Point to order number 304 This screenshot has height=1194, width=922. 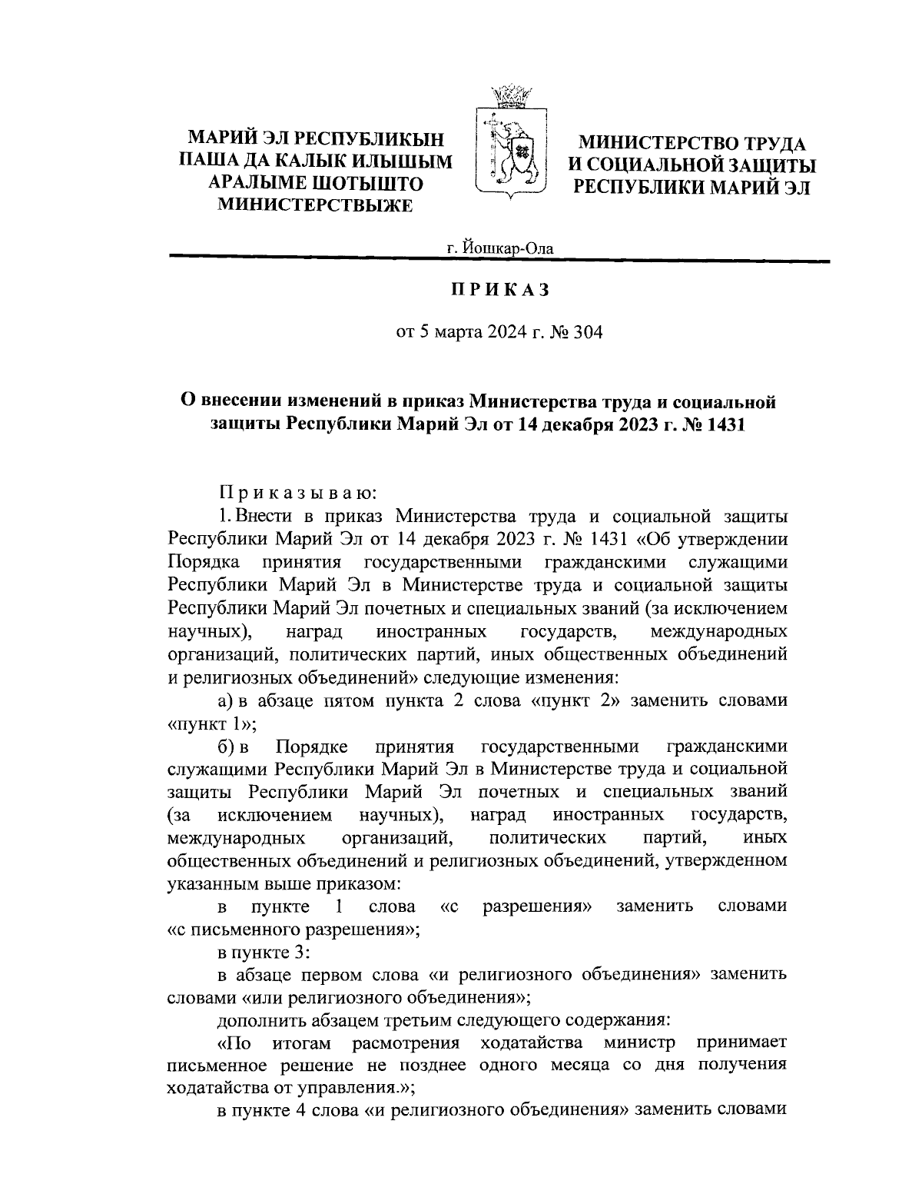click(x=589, y=333)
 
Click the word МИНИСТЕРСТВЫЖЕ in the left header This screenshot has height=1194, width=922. click(x=316, y=205)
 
